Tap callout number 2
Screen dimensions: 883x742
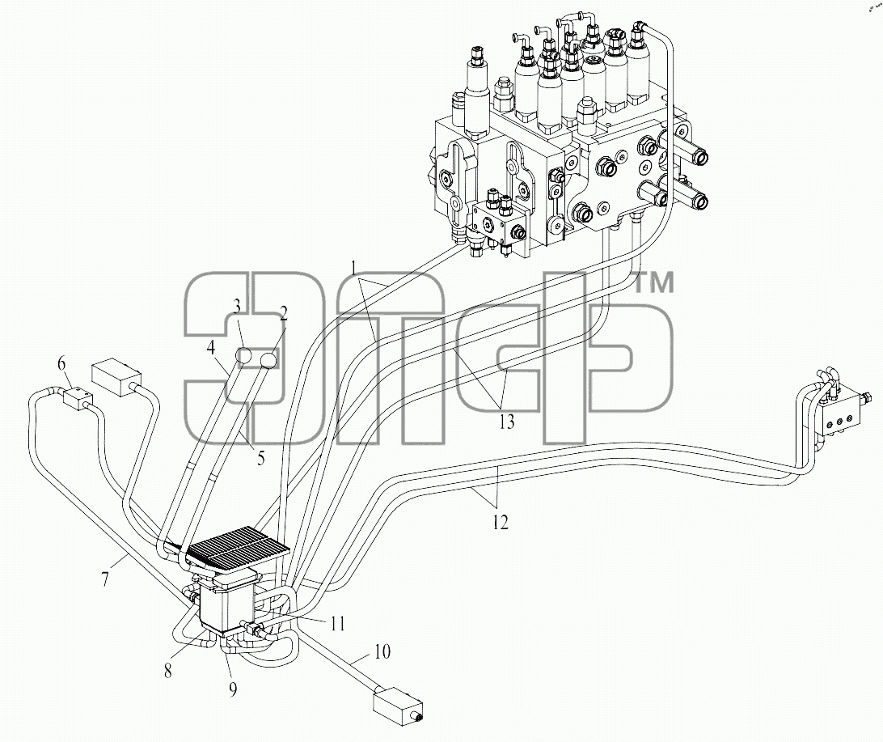pyautogui.click(x=284, y=312)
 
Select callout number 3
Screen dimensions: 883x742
pyautogui.click(x=237, y=307)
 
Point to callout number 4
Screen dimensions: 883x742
pyautogui.click(x=210, y=348)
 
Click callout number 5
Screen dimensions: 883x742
pyautogui.click(x=260, y=458)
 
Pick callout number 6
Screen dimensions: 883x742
pyautogui.click(x=62, y=364)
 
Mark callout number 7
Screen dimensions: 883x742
pyautogui.click(x=105, y=579)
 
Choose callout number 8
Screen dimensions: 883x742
pyautogui.click(x=168, y=671)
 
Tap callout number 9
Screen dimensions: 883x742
pyautogui.click(x=233, y=689)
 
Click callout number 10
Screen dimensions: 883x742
pyautogui.click(x=382, y=652)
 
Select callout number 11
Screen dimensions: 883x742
pyautogui.click(x=338, y=624)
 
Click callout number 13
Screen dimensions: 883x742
pyautogui.click(x=507, y=421)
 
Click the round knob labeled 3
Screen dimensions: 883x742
pyautogui.click(x=245, y=357)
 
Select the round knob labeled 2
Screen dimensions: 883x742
pyautogui.click(x=269, y=359)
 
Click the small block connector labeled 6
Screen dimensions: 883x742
pyautogui.click(x=78, y=397)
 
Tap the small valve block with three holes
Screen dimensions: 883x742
pyautogui.click(x=842, y=417)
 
